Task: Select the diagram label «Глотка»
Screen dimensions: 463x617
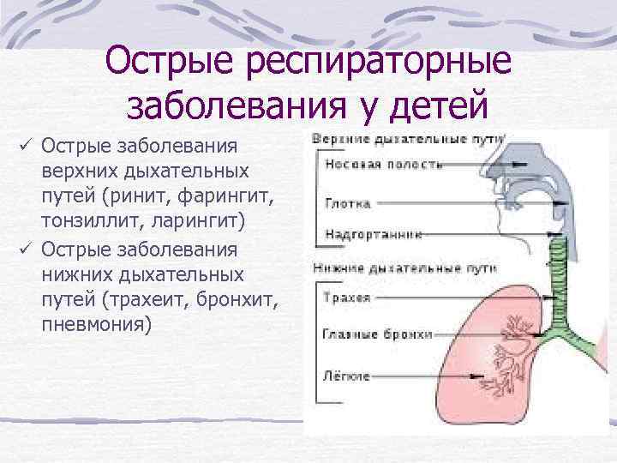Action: (x=348, y=204)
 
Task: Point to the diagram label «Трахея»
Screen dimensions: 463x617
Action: (x=348, y=298)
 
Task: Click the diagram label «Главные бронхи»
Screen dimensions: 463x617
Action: (x=378, y=334)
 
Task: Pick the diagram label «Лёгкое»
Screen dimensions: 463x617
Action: (x=348, y=376)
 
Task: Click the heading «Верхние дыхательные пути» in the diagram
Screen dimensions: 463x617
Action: (x=406, y=138)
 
